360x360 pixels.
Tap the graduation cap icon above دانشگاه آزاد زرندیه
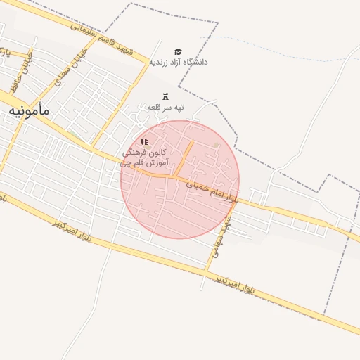(x=178, y=51)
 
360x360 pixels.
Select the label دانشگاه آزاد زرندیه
(x=178, y=62)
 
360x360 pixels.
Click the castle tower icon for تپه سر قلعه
(x=166, y=96)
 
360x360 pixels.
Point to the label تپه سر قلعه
(x=165, y=107)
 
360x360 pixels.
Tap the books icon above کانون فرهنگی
(x=145, y=141)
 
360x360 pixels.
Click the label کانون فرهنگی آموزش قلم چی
(x=143, y=157)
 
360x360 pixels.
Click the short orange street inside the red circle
(x=184, y=159)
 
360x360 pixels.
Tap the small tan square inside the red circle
(x=217, y=146)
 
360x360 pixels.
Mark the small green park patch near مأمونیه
(x=72, y=134)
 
